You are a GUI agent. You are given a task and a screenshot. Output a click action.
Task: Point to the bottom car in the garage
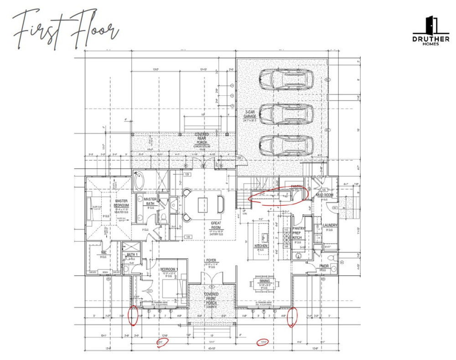point(286,145)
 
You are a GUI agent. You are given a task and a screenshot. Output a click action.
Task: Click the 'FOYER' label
point(211,261)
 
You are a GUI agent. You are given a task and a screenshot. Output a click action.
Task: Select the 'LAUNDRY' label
point(330,225)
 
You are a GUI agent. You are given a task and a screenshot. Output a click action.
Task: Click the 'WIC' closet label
point(104,253)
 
